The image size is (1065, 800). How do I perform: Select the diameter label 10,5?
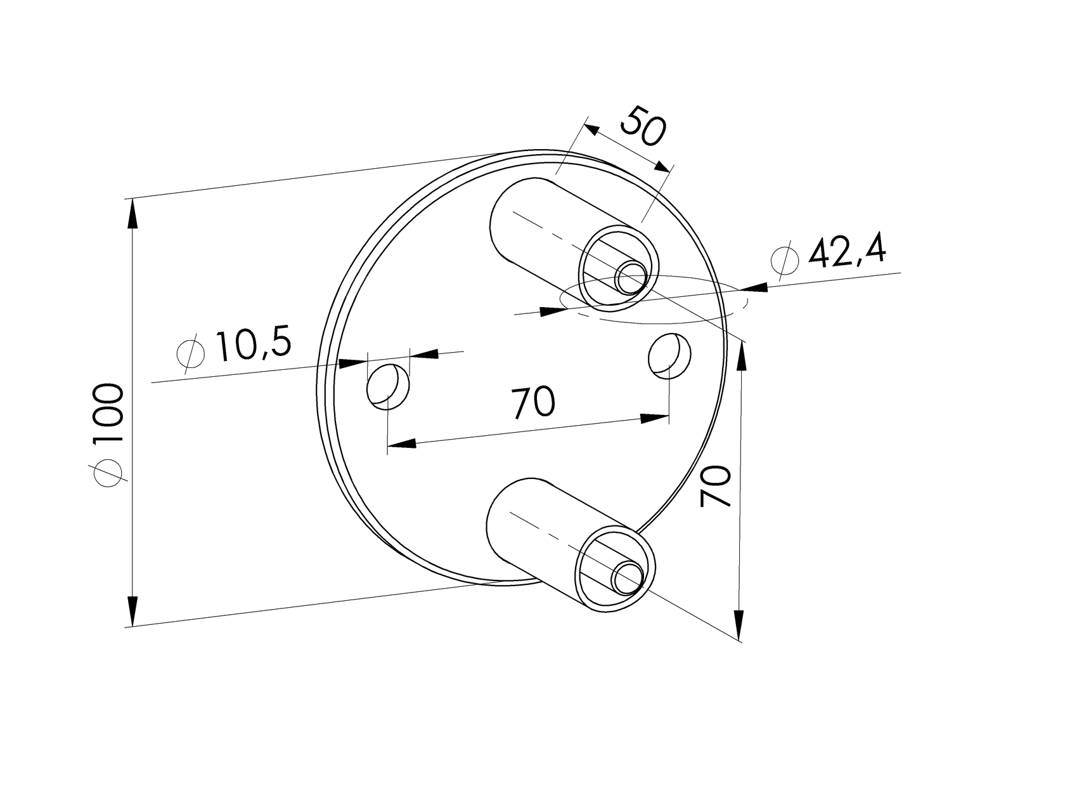[253, 346]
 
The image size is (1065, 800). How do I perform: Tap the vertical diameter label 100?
[106, 416]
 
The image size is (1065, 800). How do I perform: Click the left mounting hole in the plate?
[388, 387]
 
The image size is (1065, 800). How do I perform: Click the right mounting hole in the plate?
[669, 356]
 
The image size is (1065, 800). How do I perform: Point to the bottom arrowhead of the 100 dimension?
[132, 611]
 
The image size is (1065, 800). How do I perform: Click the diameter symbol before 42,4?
[784, 259]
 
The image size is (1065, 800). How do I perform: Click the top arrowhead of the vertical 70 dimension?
[741, 355]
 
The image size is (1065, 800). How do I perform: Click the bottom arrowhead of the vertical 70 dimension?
[739, 625]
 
